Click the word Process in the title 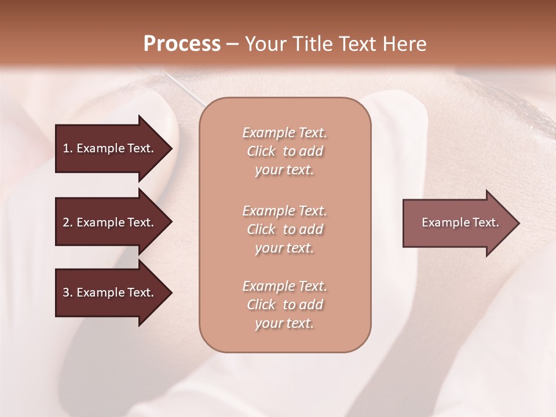pyautogui.click(x=182, y=44)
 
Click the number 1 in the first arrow pyautogui.click(x=66, y=148)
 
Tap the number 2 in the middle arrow pyautogui.click(x=66, y=222)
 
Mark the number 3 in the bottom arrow pyautogui.click(x=66, y=292)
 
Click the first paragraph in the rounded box pyautogui.click(x=284, y=151)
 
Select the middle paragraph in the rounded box pyautogui.click(x=284, y=229)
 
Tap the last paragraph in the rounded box pyautogui.click(x=284, y=305)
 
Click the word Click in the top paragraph pyautogui.click(x=261, y=151)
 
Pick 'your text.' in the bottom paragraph pyautogui.click(x=284, y=323)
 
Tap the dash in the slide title pyautogui.click(x=233, y=44)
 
